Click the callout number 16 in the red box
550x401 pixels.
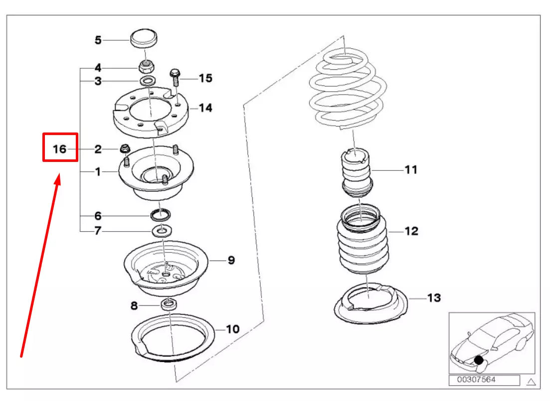59,149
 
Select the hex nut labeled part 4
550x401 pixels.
146,65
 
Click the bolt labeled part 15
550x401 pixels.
174,78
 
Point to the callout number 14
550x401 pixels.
205,108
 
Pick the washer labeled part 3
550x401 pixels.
147,81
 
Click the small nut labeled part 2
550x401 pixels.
125,148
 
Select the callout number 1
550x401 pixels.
98,172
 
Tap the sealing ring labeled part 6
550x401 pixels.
160,215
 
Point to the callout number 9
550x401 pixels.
231,260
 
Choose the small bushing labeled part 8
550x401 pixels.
169,305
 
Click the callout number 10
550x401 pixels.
232,329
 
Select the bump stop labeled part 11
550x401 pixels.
357,172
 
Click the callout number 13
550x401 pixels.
434,298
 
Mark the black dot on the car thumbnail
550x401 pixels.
479,359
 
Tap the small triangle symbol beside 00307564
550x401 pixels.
531,382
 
